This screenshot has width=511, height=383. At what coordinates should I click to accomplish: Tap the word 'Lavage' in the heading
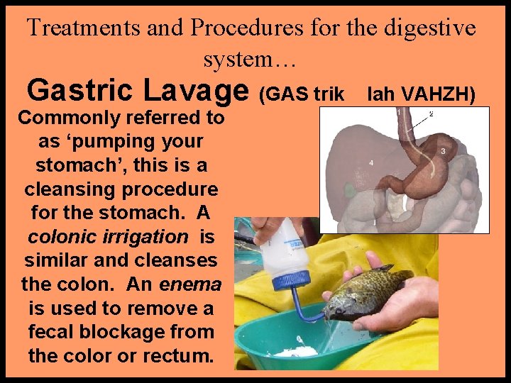[196, 91]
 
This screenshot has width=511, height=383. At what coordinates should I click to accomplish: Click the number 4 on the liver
[370, 163]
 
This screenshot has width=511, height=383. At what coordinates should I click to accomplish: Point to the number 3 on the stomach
[442, 151]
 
